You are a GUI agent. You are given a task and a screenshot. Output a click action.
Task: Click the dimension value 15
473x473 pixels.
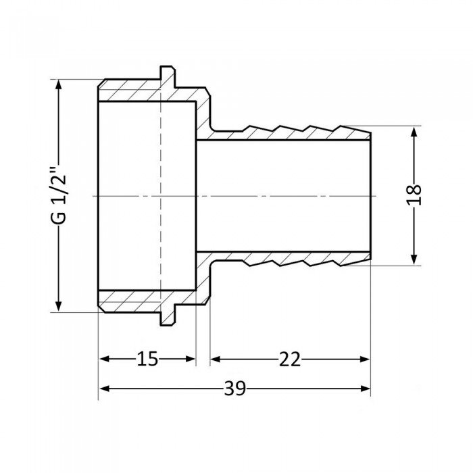[147, 359]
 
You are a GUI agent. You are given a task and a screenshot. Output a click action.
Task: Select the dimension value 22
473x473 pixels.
[290, 359]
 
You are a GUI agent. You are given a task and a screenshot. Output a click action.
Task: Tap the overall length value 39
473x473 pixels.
[234, 389]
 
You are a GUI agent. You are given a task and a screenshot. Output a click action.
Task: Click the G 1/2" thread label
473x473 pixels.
[59, 196]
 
